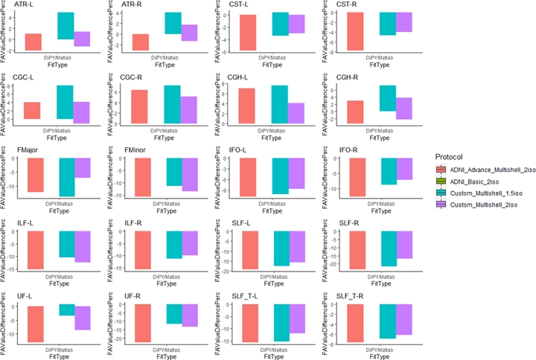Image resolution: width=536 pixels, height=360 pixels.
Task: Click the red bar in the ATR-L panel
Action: coord(33,42)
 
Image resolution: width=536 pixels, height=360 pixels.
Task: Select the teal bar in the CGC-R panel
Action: coord(172,103)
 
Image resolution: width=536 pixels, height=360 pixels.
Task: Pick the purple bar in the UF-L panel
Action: coord(81,318)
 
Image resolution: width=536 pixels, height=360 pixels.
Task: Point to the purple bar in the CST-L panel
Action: coord(296,24)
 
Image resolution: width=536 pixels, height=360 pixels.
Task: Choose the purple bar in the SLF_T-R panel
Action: coord(403,320)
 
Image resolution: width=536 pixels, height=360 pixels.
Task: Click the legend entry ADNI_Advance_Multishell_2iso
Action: coord(488,170)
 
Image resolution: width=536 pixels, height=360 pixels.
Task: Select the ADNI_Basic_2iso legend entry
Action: coord(477,181)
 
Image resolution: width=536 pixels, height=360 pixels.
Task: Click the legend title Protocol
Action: coord(450,157)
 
